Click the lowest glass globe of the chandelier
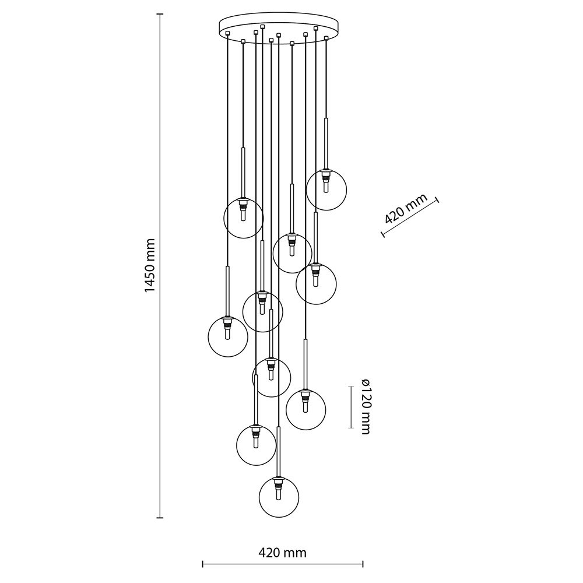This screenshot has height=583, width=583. pos(279,497)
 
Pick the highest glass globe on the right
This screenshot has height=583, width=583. pos(326,189)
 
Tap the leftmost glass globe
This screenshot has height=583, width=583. pos(228,336)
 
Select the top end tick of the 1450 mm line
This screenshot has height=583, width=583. pos(160,14)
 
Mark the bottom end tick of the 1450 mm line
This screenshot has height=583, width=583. pos(160,517)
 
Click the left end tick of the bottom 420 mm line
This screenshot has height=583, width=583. pos(203,564)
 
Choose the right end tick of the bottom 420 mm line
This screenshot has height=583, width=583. pos(363,564)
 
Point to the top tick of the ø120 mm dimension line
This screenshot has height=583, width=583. pos(350,387)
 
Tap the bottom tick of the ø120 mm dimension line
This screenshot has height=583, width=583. pos(350,428)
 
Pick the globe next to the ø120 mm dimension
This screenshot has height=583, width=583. pos(305,409)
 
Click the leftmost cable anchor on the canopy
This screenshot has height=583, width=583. pos(227,34)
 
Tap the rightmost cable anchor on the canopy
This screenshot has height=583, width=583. pos(326,38)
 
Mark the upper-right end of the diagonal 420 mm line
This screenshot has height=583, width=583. pos(438,200)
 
